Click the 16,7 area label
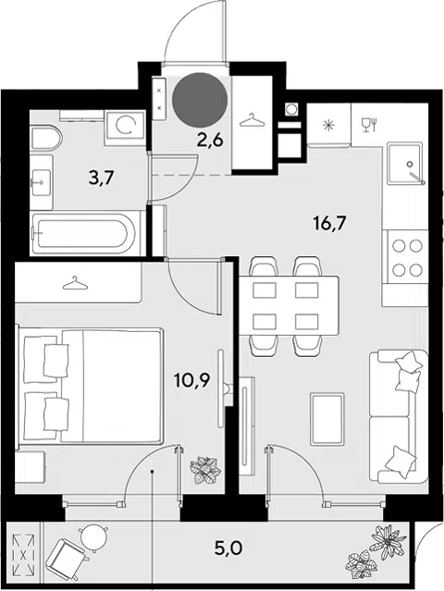[329, 224]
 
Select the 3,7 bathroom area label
[101, 178]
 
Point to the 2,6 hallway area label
[210, 140]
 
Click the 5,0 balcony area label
[228, 548]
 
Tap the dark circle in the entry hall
[200, 100]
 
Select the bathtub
[84, 233]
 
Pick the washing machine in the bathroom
[125, 129]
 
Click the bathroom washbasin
[41, 182]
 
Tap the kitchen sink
[403, 163]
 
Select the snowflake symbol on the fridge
[329, 126]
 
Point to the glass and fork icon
[369, 125]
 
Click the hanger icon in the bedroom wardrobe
[75, 283]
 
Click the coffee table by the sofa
[327, 418]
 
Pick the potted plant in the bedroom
[205, 470]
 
